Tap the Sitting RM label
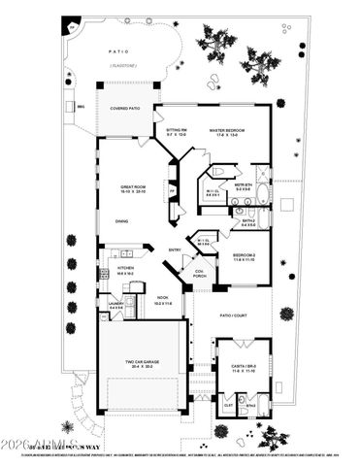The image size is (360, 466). click(176, 130)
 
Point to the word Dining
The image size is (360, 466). click(123, 221)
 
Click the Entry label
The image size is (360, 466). click(176, 250)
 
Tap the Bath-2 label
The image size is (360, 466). click(249, 220)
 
